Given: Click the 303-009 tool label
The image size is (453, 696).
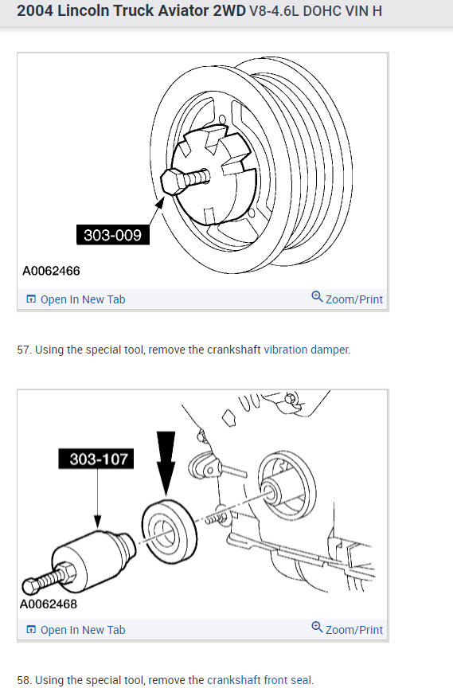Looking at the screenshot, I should [x=113, y=235].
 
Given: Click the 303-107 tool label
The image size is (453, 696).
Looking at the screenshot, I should [x=96, y=459].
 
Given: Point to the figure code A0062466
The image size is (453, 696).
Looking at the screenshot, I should [x=51, y=272].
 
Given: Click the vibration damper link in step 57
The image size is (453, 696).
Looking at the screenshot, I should [x=307, y=350].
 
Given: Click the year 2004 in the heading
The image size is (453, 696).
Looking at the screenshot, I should [x=33, y=12].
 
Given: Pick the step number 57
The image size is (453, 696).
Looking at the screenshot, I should [x=23, y=350].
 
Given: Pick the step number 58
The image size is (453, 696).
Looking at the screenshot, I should [x=23, y=680].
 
